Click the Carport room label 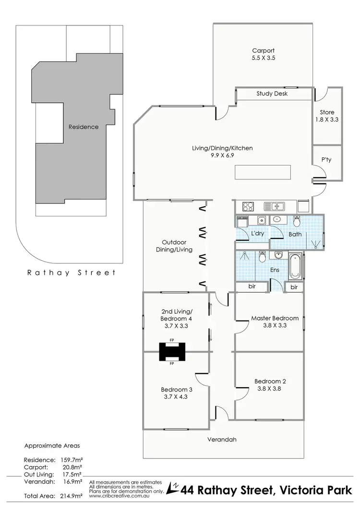(x=264, y=50)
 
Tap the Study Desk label (x=272, y=94)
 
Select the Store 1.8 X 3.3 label (x=327, y=117)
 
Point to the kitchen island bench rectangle (x=263, y=172)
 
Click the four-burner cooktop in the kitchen (x=248, y=207)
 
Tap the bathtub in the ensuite (x=296, y=267)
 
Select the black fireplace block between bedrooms (x=171, y=352)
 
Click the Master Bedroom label (x=275, y=318)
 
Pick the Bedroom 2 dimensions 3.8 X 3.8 (x=270, y=389)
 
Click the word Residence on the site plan (x=84, y=127)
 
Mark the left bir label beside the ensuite (x=252, y=287)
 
